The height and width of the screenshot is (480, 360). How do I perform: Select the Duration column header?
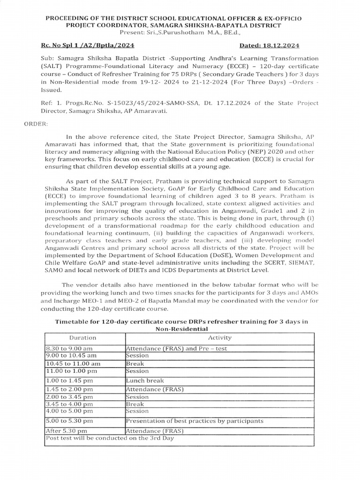[x=83, y=337]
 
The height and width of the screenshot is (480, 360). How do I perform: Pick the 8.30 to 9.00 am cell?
[x=69, y=349]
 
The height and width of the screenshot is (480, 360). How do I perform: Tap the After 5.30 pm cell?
[x=67, y=431]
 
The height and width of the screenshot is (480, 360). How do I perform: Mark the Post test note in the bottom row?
[x=110, y=438]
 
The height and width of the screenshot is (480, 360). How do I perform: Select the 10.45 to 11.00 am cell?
[x=73, y=363]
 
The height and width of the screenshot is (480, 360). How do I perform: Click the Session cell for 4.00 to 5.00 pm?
[x=137, y=411]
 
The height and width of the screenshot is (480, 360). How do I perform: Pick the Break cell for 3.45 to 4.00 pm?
[x=135, y=404]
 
